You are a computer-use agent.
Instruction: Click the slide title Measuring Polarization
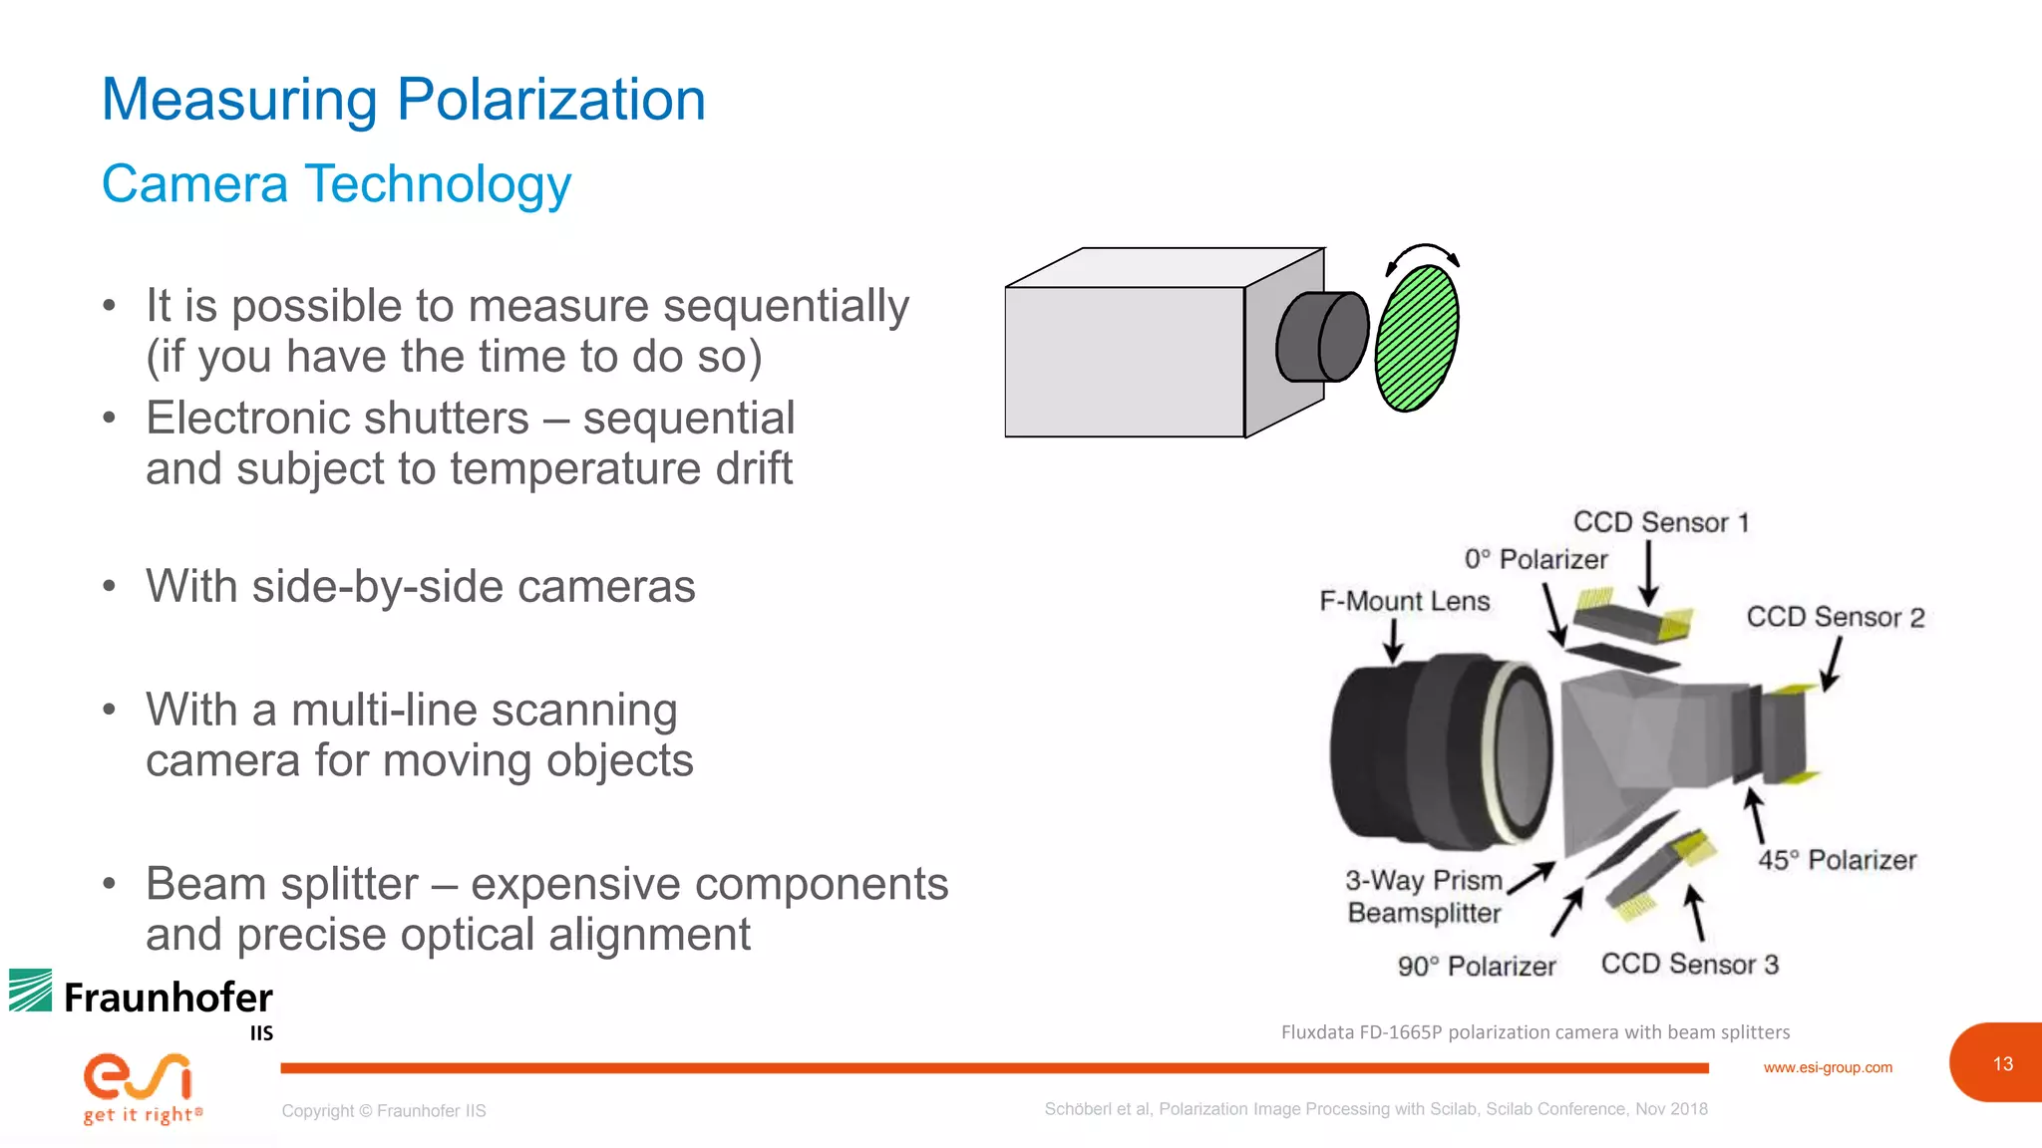(x=404, y=100)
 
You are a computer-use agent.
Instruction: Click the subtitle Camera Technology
(x=337, y=184)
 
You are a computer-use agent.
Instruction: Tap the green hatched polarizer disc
(x=1416, y=338)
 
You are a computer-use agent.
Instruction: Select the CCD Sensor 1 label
(x=1661, y=522)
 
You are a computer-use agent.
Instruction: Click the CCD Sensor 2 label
(x=1835, y=617)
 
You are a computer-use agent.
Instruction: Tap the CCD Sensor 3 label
(x=1689, y=964)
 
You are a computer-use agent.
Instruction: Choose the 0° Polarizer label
(x=1535, y=559)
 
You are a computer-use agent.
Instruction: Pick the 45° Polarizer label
(x=1837, y=859)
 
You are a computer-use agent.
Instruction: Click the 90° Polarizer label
(x=1476, y=966)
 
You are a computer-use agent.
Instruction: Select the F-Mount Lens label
(x=1404, y=601)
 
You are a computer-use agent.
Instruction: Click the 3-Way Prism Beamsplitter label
(x=1424, y=896)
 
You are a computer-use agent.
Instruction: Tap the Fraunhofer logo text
(x=168, y=998)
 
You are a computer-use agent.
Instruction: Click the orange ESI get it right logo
(x=140, y=1086)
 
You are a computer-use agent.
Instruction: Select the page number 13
(x=2002, y=1063)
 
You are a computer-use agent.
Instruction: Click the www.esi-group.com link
(x=1827, y=1067)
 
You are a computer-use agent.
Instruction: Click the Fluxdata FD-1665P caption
(x=1534, y=1032)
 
